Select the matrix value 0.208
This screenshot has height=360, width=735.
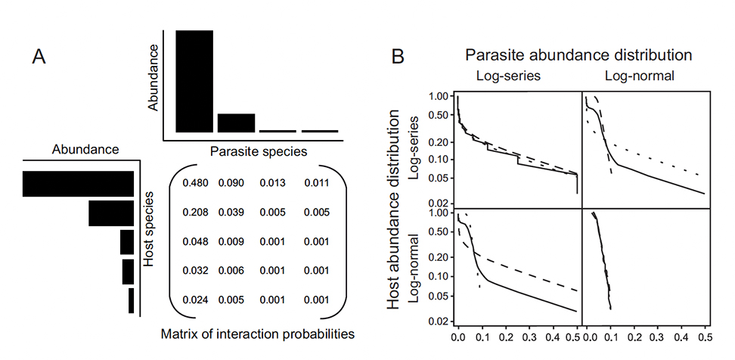tap(194, 213)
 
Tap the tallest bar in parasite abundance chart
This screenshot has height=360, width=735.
tap(194, 81)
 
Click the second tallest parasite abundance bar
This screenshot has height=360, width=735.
tap(236, 123)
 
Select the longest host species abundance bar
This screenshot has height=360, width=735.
tap(78, 184)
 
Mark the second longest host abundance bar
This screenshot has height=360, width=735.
tap(110, 213)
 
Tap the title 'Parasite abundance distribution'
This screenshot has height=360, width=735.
tap(579, 55)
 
